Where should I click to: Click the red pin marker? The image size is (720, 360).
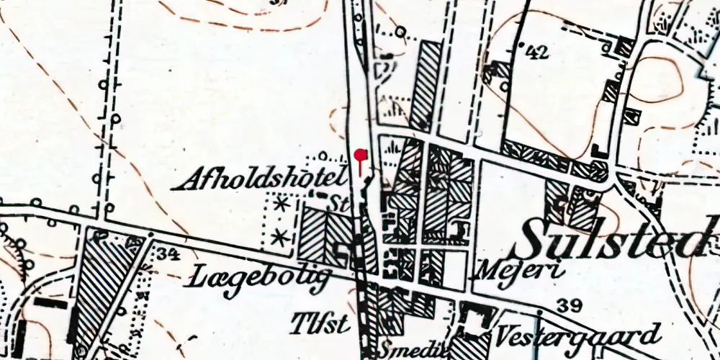tap(361, 156)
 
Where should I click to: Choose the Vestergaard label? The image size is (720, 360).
tap(577, 336)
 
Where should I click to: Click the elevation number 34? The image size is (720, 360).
tap(169, 253)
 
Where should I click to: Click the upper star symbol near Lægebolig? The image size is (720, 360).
tap(282, 205)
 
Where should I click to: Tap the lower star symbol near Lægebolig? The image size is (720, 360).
tap(282, 235)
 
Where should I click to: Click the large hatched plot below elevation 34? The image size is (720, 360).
tap(105, 288)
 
